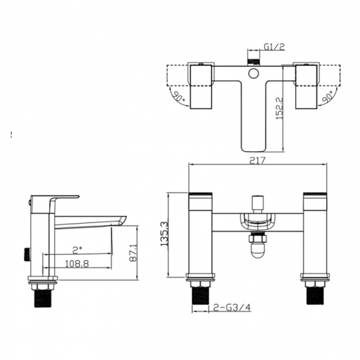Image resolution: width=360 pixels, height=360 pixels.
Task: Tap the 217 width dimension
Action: pos(257,161)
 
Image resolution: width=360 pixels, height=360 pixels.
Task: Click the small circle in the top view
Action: pos(254,73)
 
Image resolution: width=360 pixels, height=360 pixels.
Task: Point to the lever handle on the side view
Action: pos(54,199)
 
